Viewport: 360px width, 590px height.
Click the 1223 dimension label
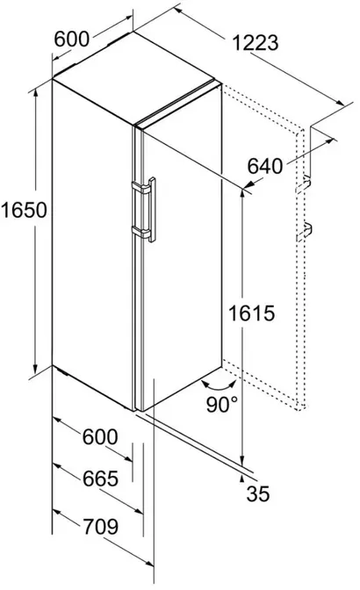tap(256, 43)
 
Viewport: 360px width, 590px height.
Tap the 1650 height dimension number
tap(24, 210)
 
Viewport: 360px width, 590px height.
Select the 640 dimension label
tap(265, 166)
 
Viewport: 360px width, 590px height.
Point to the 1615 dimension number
tap(252, 313)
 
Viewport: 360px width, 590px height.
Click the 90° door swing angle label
tap(222, 405)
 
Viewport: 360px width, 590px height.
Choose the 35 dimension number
tap(258, 493)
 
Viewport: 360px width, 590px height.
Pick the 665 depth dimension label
tap(100, 478)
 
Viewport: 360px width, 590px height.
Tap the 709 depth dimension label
tap(100, 527)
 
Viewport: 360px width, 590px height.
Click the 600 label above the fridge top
tap(72, 39)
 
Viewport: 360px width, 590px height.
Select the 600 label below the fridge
tap(100, 437)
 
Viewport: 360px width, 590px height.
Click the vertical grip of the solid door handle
tap(153, 210)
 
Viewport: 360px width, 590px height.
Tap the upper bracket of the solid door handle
tap(140, 187)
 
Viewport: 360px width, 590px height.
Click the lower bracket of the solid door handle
tap(140, 232)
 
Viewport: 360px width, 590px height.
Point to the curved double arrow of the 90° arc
tap(220, 386)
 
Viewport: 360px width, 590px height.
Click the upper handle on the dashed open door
tap(303, 184)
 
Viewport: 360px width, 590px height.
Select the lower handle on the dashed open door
tap(304, 232)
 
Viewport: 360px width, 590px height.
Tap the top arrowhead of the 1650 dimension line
tap(36, 93)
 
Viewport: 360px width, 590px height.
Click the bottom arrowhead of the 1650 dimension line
tap(36, 369)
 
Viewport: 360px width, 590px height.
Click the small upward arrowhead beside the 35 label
tap(242, 478)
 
